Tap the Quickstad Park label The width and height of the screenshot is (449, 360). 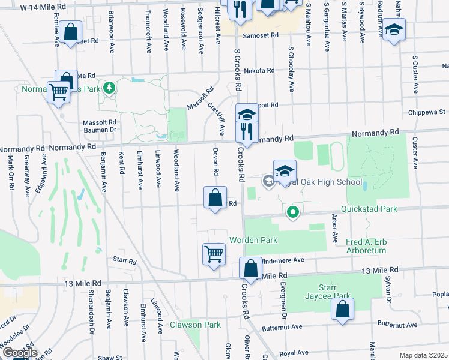pos(369,209)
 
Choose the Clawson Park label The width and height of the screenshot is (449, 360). pos(195,325)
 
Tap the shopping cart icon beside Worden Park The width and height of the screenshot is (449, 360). pos(214,254)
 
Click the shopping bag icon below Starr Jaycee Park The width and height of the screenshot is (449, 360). pos(342,310)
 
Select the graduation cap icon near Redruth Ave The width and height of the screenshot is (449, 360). pos(394,29)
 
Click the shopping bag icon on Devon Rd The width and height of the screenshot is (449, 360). pos(215,197)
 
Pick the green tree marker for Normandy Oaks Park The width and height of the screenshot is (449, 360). pos(109,89)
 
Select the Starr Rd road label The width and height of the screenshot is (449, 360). pos(125,261)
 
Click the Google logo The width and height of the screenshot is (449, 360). pos(19,353)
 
